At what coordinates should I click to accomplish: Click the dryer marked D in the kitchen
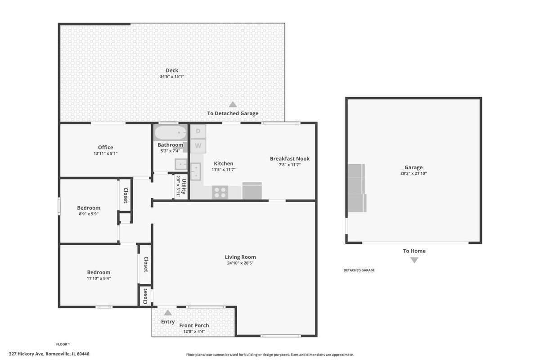click(198, 131)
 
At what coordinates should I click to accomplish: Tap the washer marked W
click(198, 146)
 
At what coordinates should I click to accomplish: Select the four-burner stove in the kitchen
click(220, 192)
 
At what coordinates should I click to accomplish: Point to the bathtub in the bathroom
click(171, 133)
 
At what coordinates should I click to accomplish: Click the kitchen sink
click(196, 171)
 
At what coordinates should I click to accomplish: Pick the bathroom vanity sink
click(181, 164)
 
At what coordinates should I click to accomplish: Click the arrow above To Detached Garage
click(233, 104)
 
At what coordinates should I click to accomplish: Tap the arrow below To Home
click(414, 260)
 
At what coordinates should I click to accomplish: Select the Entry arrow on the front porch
click(168, 313)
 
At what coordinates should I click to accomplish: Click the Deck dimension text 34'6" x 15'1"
click(172, 76)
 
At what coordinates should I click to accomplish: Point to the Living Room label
click(240, 257)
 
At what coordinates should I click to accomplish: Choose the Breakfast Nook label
click(289, 159)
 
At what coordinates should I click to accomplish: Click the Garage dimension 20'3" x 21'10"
click(414, 173)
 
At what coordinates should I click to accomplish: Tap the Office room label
click(106, 147)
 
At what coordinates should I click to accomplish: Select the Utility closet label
click(184, 186)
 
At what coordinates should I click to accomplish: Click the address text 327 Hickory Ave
click(26, 354)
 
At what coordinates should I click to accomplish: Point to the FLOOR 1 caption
click(63, 344)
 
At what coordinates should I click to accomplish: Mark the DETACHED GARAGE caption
click(359, 270)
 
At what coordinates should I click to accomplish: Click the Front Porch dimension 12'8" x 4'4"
click(194, 332)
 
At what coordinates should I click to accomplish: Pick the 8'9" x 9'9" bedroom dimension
click(89, 214)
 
